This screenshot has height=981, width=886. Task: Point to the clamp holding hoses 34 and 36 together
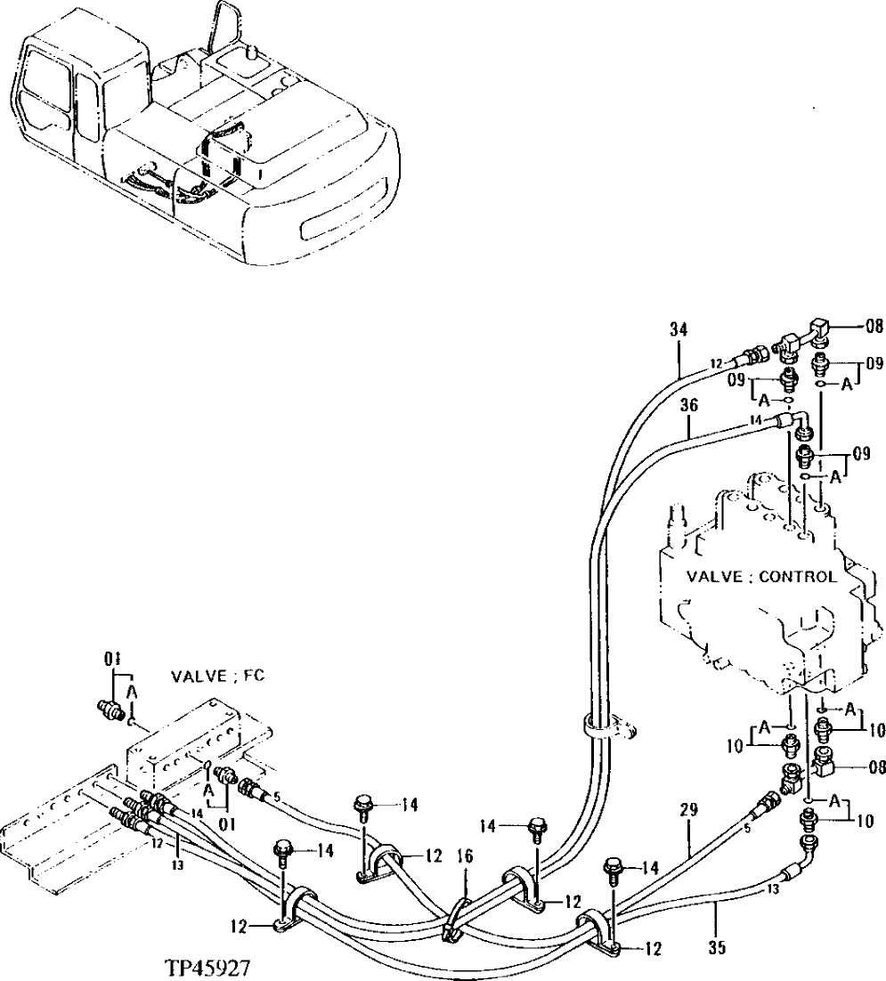tap(606, 726)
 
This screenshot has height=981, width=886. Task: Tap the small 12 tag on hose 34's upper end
tap(714, 365)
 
